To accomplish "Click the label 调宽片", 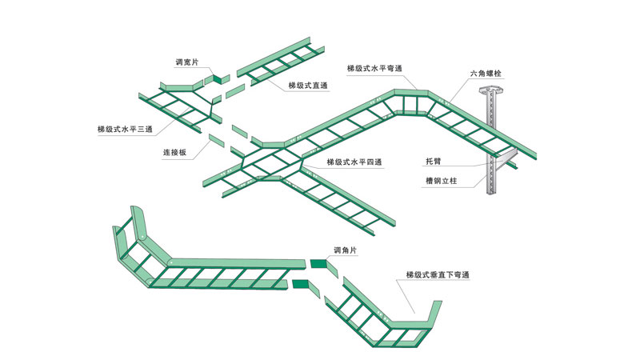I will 190,62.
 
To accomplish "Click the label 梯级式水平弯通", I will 374,68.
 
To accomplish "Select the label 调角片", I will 346,250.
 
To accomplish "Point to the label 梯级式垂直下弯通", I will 437,274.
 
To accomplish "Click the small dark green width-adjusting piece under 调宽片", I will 218,78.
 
